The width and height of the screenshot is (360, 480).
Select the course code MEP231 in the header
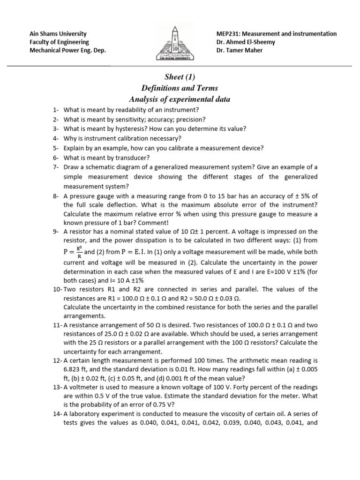(x=227, y=34)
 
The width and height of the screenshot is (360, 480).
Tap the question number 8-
(x=56, y=197)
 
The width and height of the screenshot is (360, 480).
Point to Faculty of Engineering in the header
(x=59, y=42)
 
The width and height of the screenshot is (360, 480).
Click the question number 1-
(x=56, y=110)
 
